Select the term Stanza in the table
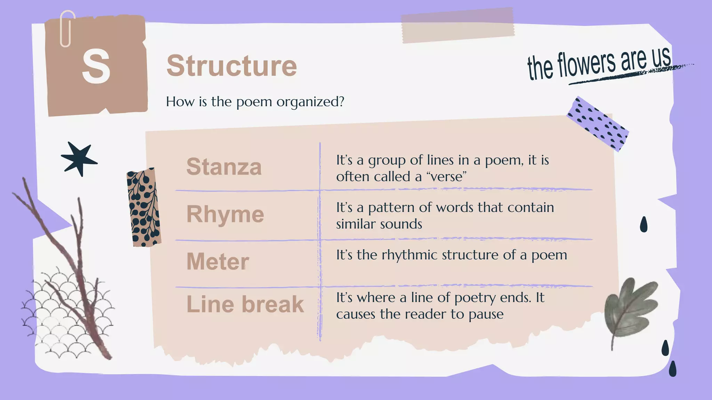pos(224,167)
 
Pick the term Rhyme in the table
pos(225,214)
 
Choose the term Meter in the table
pos(218,261)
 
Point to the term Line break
pos(245,304)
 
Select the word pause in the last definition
pos(486,314)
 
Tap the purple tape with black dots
pos(597,124)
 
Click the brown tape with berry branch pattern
pos(144,208)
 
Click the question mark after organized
pos(341,101)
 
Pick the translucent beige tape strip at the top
pos(458,25)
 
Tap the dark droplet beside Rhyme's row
pos(644,224)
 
